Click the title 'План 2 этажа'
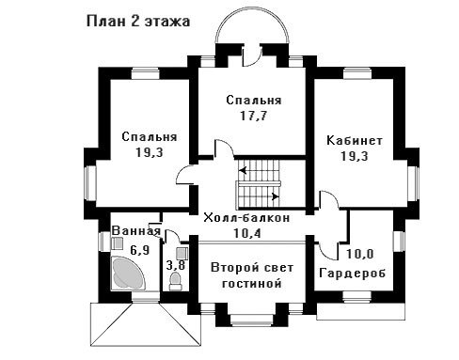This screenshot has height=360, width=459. tap(138, 22)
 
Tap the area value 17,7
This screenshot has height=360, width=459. tap(254, 116)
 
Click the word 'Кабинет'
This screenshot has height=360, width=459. tap(355, 140)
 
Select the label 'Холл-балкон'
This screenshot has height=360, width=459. tap(246, 218)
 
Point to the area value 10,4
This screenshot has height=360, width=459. tap(247, 233)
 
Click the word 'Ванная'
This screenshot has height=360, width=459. tap(136, 231)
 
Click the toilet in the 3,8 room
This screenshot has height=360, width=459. tap(175, 281)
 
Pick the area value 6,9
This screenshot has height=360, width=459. tap(140, 250)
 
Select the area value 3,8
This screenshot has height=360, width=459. tap(176, 266)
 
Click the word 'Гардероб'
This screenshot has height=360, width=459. tap(352, 274)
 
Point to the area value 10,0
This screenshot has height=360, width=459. tap(360, 254)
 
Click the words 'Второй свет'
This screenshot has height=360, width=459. tap(252, 268)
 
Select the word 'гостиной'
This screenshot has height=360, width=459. tap(251, 284)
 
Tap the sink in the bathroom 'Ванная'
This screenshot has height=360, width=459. tap(118, 243)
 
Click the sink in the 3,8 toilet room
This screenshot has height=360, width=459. tap(182, 253)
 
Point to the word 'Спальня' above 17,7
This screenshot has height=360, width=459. tap(254, 101)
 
